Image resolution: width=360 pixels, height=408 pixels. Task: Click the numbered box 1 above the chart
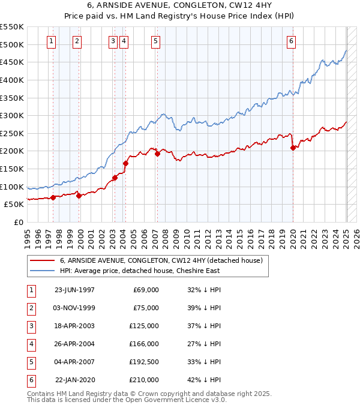point(52,41)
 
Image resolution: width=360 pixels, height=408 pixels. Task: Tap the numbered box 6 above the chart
point(291,41)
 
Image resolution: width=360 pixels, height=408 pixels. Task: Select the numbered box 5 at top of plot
point(155,41)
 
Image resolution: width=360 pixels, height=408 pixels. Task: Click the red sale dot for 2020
point(293,148)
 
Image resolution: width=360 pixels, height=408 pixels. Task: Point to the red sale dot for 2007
point(157,154)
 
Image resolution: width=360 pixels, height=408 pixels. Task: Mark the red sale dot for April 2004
point(126,163)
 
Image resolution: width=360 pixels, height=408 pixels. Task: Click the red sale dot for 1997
point(53,197)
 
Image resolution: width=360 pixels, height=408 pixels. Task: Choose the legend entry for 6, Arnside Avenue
point(161,260)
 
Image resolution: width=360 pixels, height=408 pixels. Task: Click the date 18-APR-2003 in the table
point(74,326)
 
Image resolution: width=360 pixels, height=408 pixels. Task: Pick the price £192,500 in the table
point(144,362)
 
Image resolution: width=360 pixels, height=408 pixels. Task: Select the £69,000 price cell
point(146,290)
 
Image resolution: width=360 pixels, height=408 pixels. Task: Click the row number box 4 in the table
point(31,344)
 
